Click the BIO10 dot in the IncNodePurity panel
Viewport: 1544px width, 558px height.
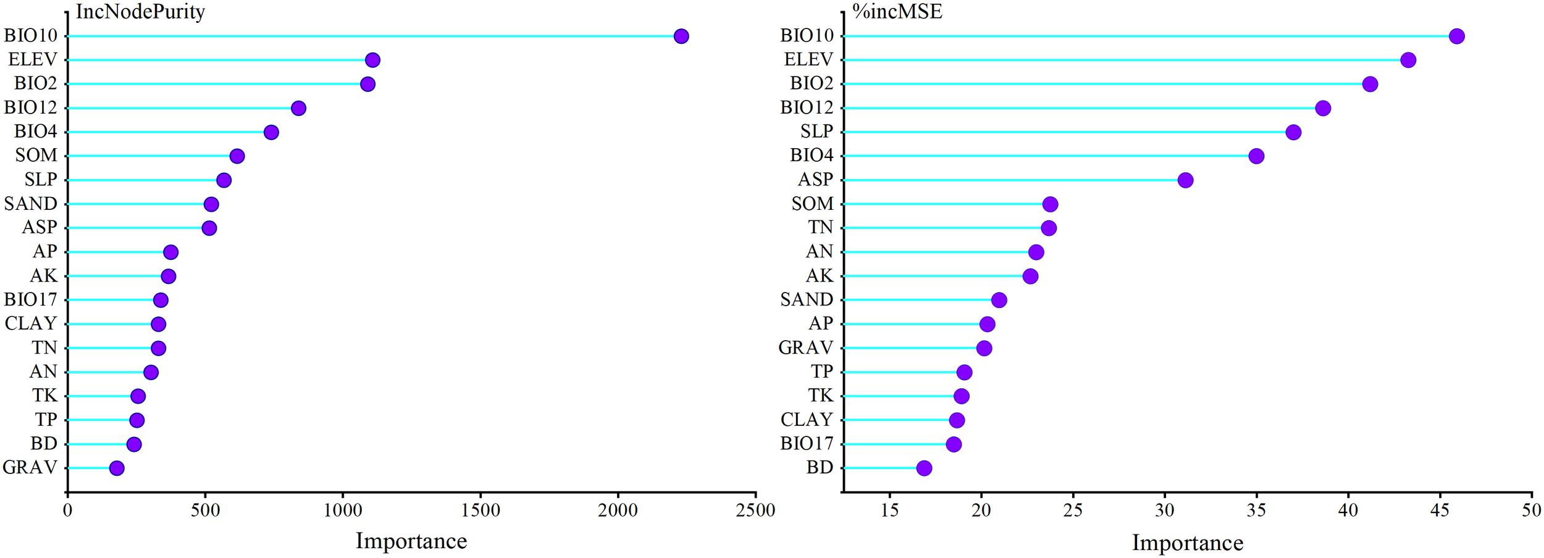point(681,36)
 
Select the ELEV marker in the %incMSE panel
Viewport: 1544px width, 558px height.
point(1408,60)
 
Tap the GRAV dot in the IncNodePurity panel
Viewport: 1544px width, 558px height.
point(117,468)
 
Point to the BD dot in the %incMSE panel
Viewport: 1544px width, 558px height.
point(924,468)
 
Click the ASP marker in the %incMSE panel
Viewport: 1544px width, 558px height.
point(1185,180)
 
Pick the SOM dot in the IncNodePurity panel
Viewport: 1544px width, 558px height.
point(237,156)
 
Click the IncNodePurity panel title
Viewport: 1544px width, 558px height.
point(140,11)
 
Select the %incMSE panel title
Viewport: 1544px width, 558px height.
point(897,11)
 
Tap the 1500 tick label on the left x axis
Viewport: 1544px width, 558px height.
point(480,510)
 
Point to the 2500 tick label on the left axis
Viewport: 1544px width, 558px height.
point(756,510)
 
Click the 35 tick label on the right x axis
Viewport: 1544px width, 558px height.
point(1256,510)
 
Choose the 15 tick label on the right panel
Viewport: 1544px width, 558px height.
point(889,510)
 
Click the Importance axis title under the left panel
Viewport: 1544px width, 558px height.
point(411,541)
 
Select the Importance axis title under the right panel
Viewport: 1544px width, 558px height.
point(1187,543)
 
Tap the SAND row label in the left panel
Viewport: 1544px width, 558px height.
point(31,204)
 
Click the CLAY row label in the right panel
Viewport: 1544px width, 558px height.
point(807,420)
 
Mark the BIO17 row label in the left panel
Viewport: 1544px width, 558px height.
point(31,300)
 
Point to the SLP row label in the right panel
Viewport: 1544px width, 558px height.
point(816,131)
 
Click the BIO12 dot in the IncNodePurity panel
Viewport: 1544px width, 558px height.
point(298,108)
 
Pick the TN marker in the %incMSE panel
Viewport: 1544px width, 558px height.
point(1049,228)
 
